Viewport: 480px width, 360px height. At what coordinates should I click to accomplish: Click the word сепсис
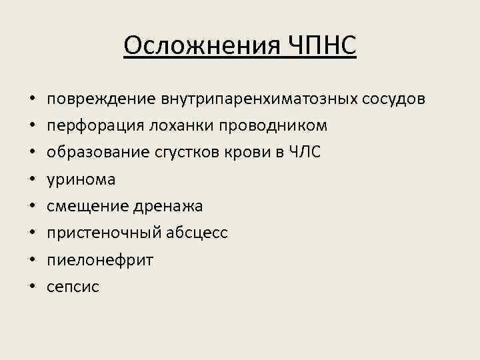(73, 287)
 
